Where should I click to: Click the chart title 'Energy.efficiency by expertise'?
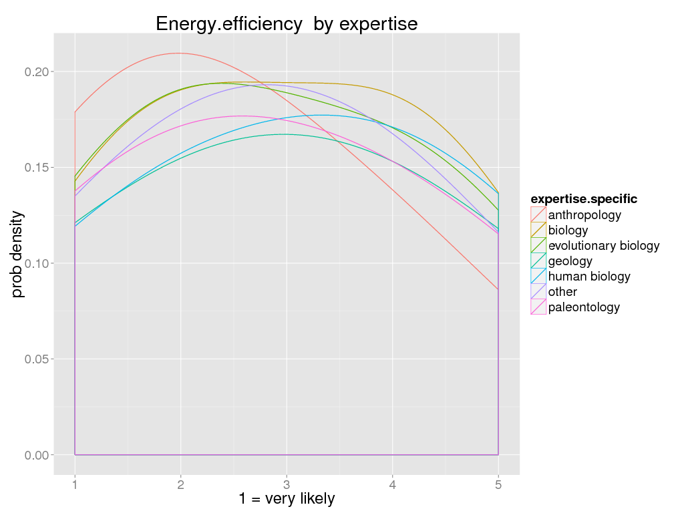click(287, 24)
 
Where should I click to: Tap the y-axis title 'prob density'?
click(18, 254)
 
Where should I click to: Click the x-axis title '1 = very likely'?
click(287, 498)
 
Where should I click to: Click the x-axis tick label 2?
click(180, 483)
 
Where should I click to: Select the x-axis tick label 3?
click(287, 483)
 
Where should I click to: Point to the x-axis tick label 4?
click(392, 483)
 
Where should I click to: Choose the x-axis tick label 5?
click(498, 483)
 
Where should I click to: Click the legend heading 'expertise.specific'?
click(583, 199)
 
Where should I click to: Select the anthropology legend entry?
click(584, 215)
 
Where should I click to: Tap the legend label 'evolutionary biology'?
click(604, 246)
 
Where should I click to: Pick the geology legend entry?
click(570, 261)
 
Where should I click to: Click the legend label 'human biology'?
click(589, 277)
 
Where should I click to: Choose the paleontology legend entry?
click(584, 307)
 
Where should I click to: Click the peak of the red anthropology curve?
click(178, 53)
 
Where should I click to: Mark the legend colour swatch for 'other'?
click(538, 292)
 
